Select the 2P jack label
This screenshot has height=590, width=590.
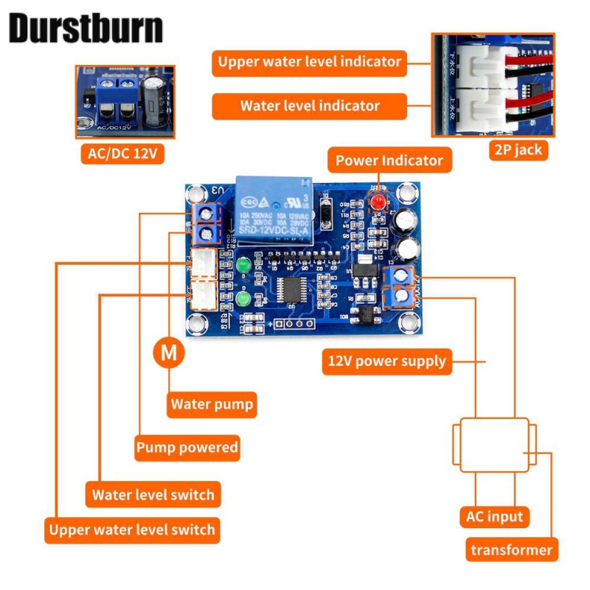coord(518,150)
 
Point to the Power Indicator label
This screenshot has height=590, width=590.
coord(389,160)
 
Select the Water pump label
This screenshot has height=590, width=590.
coord(212,404)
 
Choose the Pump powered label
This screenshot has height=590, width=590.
coord(187,448)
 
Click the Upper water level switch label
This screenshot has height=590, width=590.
coord(132,530)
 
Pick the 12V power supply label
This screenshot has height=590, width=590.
coord(386,361)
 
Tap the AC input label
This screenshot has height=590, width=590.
coord(495,516)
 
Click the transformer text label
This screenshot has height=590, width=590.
coord(511,549)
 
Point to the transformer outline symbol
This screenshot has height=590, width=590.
coord(493,445)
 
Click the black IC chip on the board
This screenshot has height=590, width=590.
coord(294,288)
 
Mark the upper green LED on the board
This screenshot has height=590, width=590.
coord(243,264)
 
